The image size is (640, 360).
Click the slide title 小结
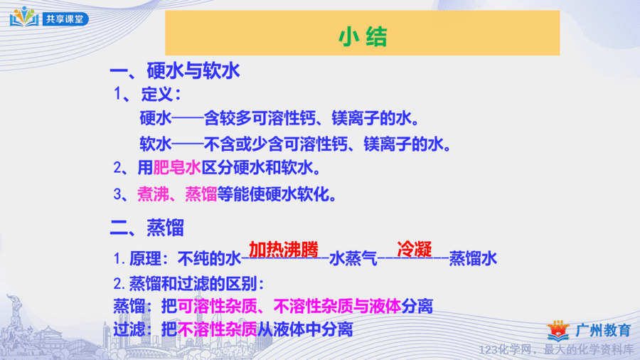pyautogui.click(x=363, y=37)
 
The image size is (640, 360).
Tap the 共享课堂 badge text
pyautogui.click(x=65, y=19)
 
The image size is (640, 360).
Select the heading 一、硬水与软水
pyautogui.click(x=175, y=70)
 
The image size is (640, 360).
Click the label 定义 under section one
pyautogui.click(x=157, y=95)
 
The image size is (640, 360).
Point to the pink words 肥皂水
pyautogui.click(x=177, y=168)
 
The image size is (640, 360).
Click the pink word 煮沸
pyautogui.click(x=153, y=194)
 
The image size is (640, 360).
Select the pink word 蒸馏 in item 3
pyautogui.click(x=201, y=194)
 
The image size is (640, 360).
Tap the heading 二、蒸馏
pyautogui.click(x=147, y=228)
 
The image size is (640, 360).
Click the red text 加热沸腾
pyautogui.click(x=284, y=250)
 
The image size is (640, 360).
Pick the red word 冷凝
pyautogui.click(x=415, y=248)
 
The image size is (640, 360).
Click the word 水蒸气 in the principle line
pyautogui.click(x=353, y=259)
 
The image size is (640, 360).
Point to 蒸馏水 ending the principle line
pyautogui.click(x=473, y=259)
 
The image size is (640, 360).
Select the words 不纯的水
pyautogui.click(x=209, y=259)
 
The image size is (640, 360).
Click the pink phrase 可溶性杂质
pyautogui.click(x=217, y=306)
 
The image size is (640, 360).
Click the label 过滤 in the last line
pyautogui.click(x=129, y=329)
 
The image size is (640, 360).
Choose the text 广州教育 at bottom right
pyautogui.click(x=604, y=331)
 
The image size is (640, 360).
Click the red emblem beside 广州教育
pyautogui.click(x=558, y=331)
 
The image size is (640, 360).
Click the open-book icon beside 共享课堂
pyautogui.click(x=24, y=17)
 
